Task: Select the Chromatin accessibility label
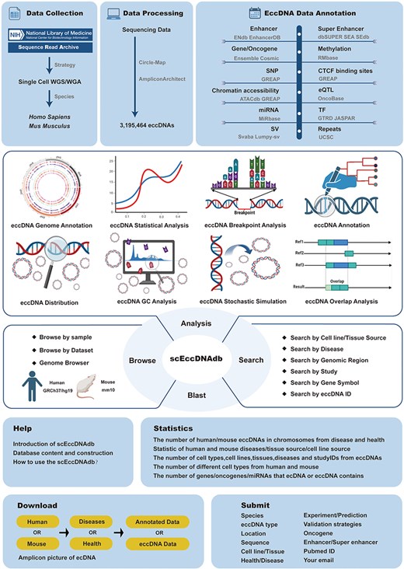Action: [x=247, y=92]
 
